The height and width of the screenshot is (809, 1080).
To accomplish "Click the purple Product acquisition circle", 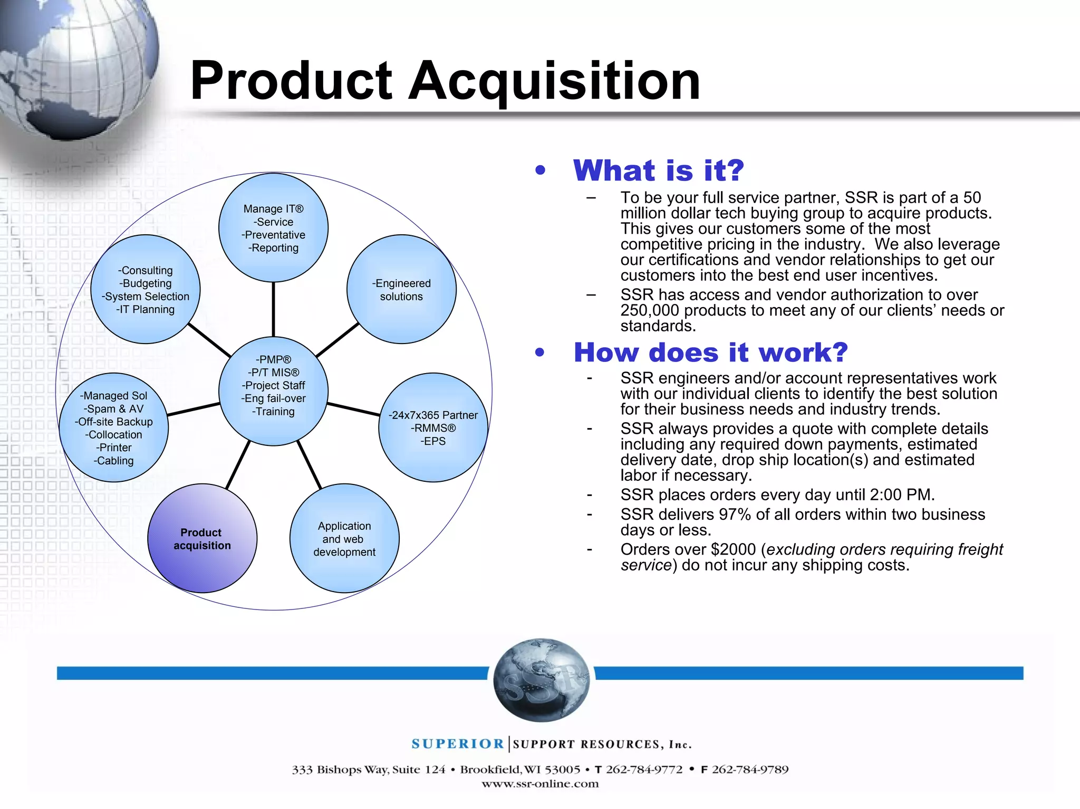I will pyautogui.click(x=202, y=538).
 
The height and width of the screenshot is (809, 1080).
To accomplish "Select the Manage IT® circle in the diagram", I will pyautogui.click(x=273, y=228).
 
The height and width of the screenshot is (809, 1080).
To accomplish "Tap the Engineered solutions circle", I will pyautogui.click(x=401, y=289).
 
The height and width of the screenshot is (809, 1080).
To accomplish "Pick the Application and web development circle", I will pyautogui.click(x=344, y=538).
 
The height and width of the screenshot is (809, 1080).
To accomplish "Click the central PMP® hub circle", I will pyautogui.click(x=273, y=391).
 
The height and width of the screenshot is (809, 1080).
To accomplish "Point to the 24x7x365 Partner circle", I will pyautogui.click(x=433, y=427).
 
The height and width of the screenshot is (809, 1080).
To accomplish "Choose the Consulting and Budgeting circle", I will pyautogui.click(x=146, y=289).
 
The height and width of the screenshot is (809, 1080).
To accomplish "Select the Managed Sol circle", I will pyautogui.click(x=114, y=427).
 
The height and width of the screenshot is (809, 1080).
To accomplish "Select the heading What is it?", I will pyautogui.click(x=658, y=170).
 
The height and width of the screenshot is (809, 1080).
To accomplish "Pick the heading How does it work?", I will pyautogui.click(x=710, y=353).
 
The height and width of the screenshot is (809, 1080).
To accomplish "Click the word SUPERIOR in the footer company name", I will pyautogui.click(x=458, y=744).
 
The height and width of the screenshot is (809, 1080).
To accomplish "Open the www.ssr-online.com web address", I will pyautogui.click(x=540, y=784).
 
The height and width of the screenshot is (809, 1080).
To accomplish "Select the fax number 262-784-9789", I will pyautogui.click(x=750, y=770).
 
